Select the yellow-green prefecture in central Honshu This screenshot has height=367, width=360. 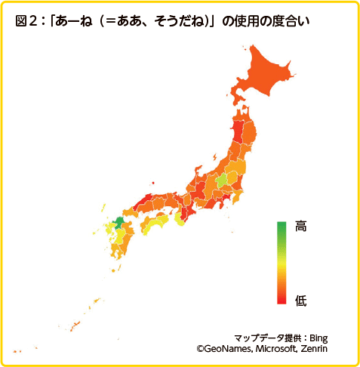223,181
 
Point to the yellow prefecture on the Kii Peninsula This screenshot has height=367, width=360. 180,219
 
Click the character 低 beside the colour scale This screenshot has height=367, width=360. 300,301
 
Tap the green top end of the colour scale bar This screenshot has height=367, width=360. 282,227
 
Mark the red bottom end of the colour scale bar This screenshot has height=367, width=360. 282,299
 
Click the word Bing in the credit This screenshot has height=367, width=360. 319,338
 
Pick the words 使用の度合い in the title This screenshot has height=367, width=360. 271,21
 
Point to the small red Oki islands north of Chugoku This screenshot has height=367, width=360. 153,182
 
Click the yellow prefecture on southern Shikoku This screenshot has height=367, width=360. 157,224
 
